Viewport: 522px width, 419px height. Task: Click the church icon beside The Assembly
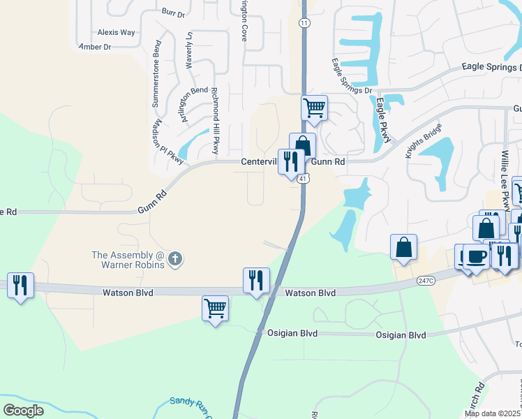tap(175, 260)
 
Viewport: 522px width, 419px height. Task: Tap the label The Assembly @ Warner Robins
tap(128, 260)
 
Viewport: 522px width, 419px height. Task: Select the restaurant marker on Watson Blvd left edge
tap(20, 285)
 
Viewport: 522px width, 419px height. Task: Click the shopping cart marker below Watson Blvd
tap(215, 307)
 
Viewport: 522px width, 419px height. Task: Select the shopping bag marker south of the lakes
tap(403, 247)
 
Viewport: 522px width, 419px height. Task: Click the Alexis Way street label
tap(116, 32)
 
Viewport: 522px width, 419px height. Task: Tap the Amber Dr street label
tap(95, 47)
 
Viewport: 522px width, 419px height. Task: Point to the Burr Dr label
tap(172, 13)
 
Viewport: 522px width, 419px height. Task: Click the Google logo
tap(23, 410)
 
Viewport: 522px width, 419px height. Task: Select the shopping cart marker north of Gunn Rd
tap(314, 108)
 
